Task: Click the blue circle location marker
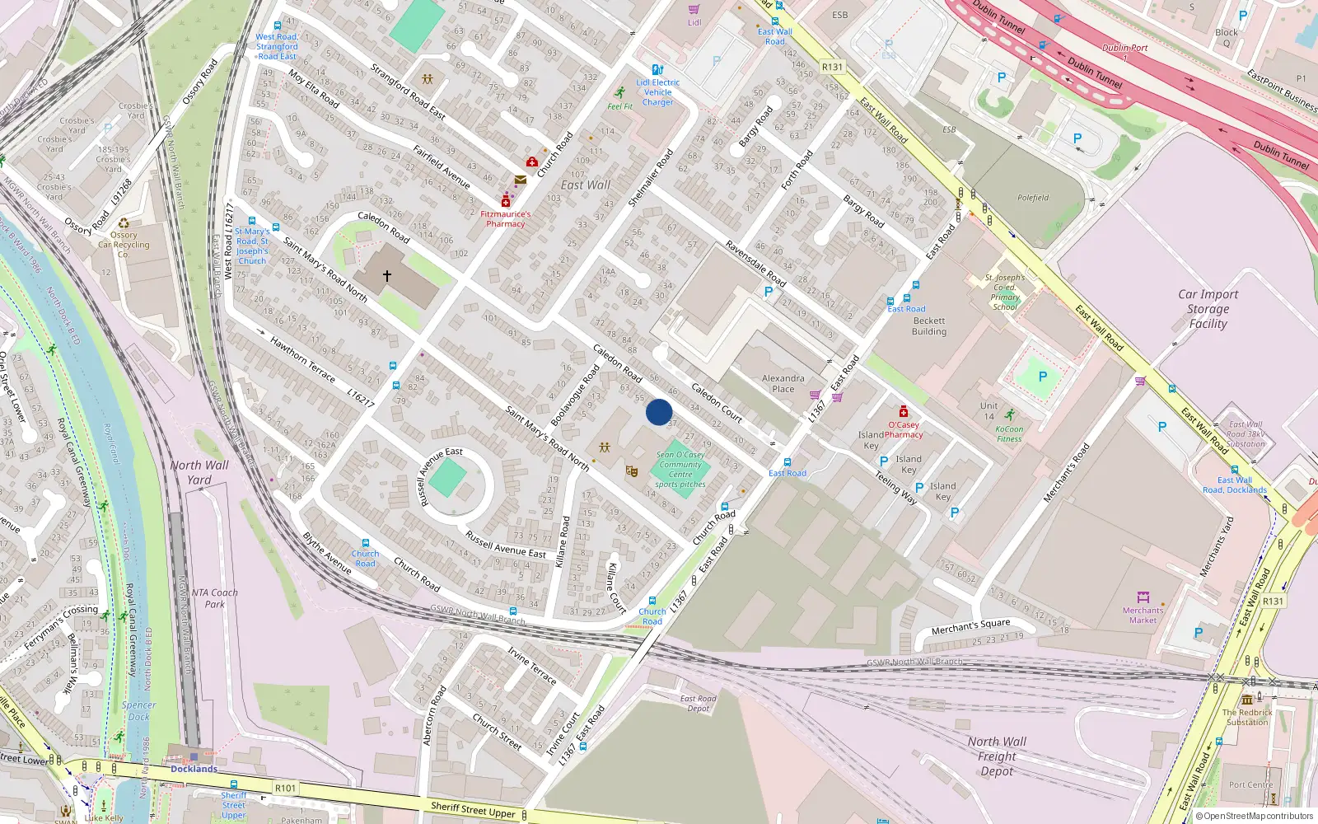coord(659,412)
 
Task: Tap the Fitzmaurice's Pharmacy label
coord(506,219)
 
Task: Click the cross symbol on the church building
coord(386,276)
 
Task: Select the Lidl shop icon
coord(694,9)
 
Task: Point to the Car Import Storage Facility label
coord(1208,309)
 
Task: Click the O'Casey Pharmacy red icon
coord(904,412)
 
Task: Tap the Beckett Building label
coord(929,326)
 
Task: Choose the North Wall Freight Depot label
coord(997,756)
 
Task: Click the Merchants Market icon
coord(1143,597)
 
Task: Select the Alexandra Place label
coord(783,383)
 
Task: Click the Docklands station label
coord(194,769)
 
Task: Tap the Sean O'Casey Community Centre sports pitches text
coord(680,470)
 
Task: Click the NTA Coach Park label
coord(214,598)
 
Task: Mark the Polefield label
coord(1033,198)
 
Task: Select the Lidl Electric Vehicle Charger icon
coord(657,70)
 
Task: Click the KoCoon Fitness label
coord(1009,433)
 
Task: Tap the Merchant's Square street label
coord(970,627)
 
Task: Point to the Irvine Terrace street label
coord(532,666)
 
